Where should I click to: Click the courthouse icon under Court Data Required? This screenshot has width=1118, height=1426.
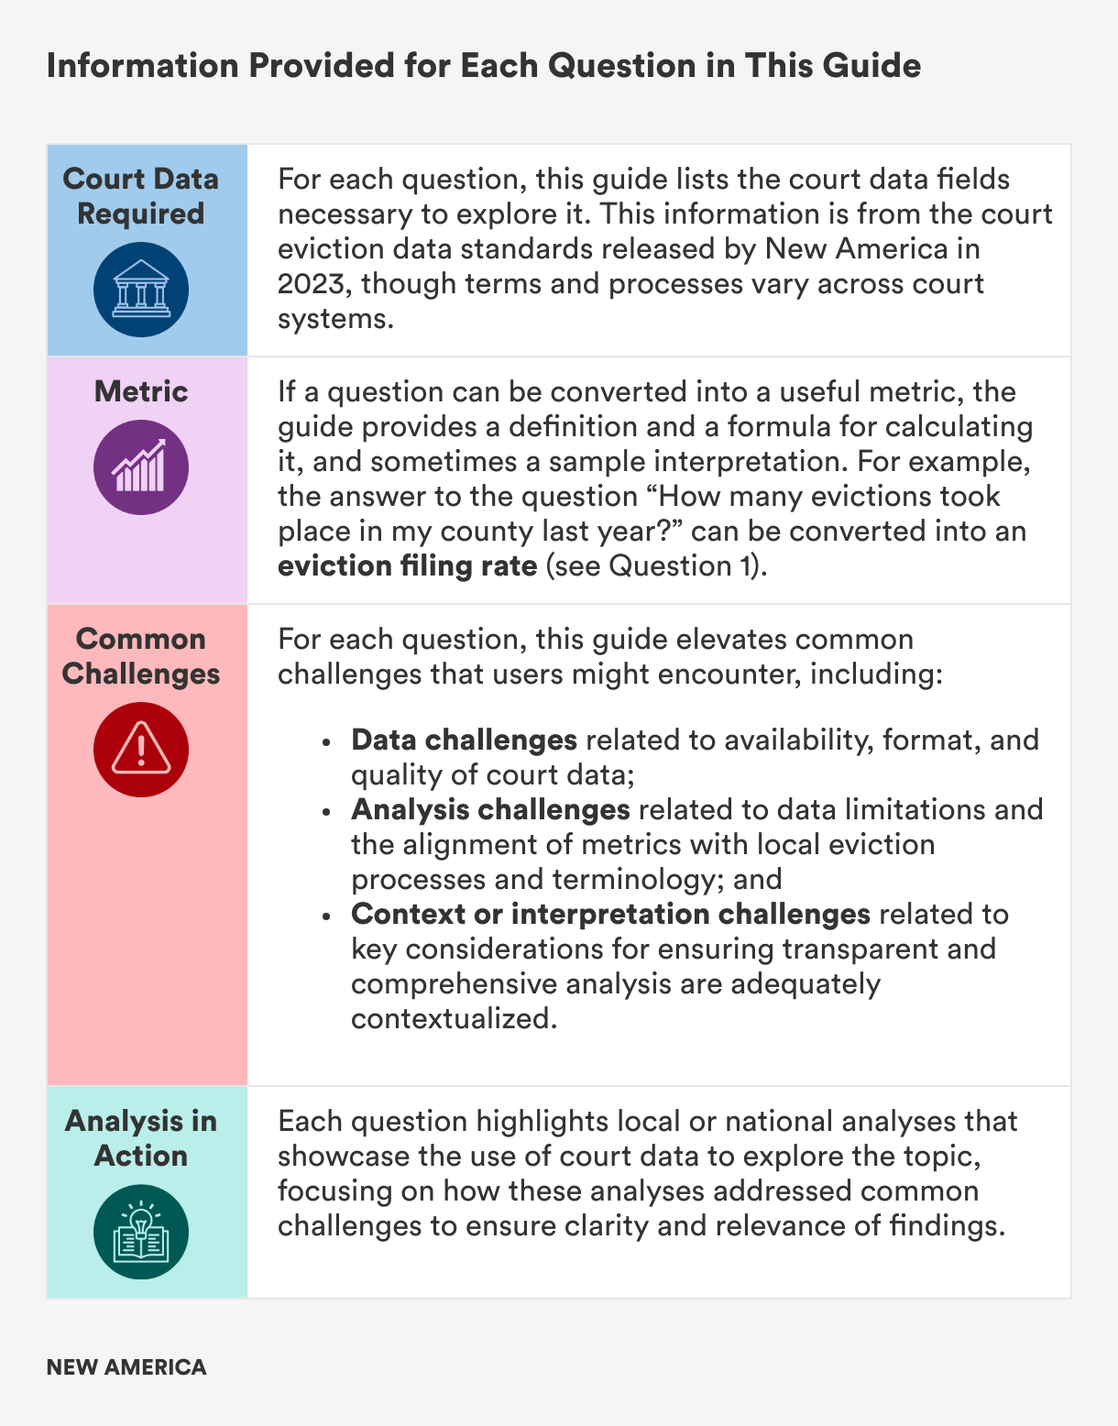point(141,290)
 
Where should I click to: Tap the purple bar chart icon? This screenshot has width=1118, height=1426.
point(141,467)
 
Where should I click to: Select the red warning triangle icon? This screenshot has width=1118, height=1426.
point(141,750)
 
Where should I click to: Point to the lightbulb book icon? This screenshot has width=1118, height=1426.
point(141,1232)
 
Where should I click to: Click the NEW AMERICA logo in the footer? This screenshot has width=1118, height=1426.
point(126,1367)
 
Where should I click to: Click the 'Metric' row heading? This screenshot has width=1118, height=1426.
point(141,392)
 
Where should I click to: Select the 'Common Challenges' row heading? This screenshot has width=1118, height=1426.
point(141,656)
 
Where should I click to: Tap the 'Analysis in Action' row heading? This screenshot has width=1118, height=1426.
point(141,1138)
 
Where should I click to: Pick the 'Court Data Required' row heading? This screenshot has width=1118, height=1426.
point(141,196)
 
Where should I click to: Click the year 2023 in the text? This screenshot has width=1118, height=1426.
point(310,284)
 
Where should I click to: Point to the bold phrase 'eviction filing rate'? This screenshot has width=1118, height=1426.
point(407,566)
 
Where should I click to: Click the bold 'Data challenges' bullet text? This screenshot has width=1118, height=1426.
point(464,740)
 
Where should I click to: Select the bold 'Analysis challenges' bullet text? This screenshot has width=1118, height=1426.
point(490,810)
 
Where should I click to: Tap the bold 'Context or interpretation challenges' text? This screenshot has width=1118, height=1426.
point(610,915)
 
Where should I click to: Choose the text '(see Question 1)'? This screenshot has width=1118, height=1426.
point(656,566)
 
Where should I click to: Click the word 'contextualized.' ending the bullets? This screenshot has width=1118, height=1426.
point(454,1019)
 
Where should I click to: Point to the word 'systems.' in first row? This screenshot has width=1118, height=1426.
point(335,319)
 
